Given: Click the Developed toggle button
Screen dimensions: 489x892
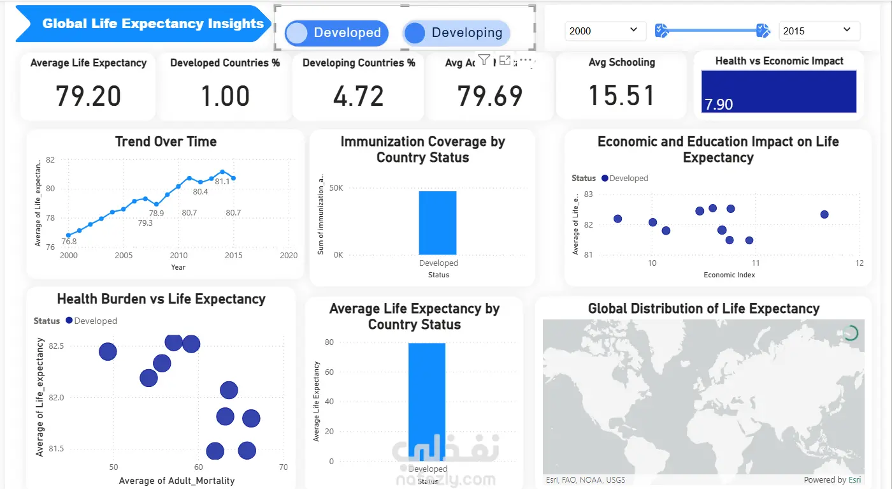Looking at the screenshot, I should coord(336,33).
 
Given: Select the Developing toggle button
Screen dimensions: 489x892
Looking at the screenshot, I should coord(456,33).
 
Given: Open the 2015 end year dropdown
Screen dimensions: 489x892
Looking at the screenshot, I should coord(819,31).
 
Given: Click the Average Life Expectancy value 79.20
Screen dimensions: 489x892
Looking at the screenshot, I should coord(88,96).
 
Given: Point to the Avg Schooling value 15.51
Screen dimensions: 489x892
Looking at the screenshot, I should coord(621,96).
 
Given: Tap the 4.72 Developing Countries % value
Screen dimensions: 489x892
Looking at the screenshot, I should coord(358,96).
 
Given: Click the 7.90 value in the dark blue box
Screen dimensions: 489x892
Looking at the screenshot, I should coord(719,104).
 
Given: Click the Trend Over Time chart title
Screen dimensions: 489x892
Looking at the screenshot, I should coord(166,142).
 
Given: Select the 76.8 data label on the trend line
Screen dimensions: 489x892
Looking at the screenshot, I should coord(69,242).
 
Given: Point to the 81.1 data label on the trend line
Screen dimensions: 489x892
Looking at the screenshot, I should coord(222,182).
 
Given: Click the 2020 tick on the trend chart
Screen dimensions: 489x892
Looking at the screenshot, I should coord(289,255).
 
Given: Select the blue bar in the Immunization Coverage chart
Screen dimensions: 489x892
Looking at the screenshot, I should coord(438,223).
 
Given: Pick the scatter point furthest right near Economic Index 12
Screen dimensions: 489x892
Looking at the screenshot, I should coord(824,214).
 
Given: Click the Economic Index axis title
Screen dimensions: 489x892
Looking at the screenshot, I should coord(729,275).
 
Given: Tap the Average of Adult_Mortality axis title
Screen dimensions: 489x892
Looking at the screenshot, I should coord(176,481).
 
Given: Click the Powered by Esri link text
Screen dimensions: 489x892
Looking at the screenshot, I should coord(832,480).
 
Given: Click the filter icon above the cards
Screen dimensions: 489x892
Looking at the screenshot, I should coord(484,60).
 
